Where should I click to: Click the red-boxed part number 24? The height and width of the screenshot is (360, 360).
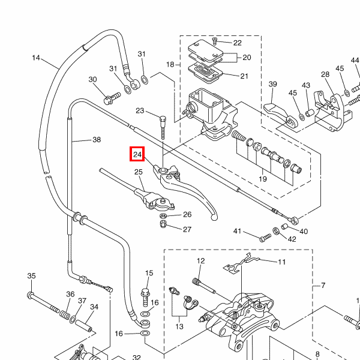point(137,155)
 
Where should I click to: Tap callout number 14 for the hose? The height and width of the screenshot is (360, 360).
point(36,58)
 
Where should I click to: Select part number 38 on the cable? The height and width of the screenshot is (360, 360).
point(96,140)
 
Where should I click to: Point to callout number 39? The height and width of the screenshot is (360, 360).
point(272,84)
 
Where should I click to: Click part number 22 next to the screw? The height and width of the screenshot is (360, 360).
point(237,43)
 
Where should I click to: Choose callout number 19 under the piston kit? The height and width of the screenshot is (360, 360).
point(262,179)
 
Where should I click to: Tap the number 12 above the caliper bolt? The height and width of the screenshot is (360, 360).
point(200,261)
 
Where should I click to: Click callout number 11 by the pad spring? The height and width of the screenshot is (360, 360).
point(281,262)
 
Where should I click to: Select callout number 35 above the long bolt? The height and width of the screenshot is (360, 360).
point(31,276)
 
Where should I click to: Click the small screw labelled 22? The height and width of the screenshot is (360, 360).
point(215,42)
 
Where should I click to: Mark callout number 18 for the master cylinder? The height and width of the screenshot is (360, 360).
point(170,64)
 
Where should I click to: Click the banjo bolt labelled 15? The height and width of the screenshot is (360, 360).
point(145,295)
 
